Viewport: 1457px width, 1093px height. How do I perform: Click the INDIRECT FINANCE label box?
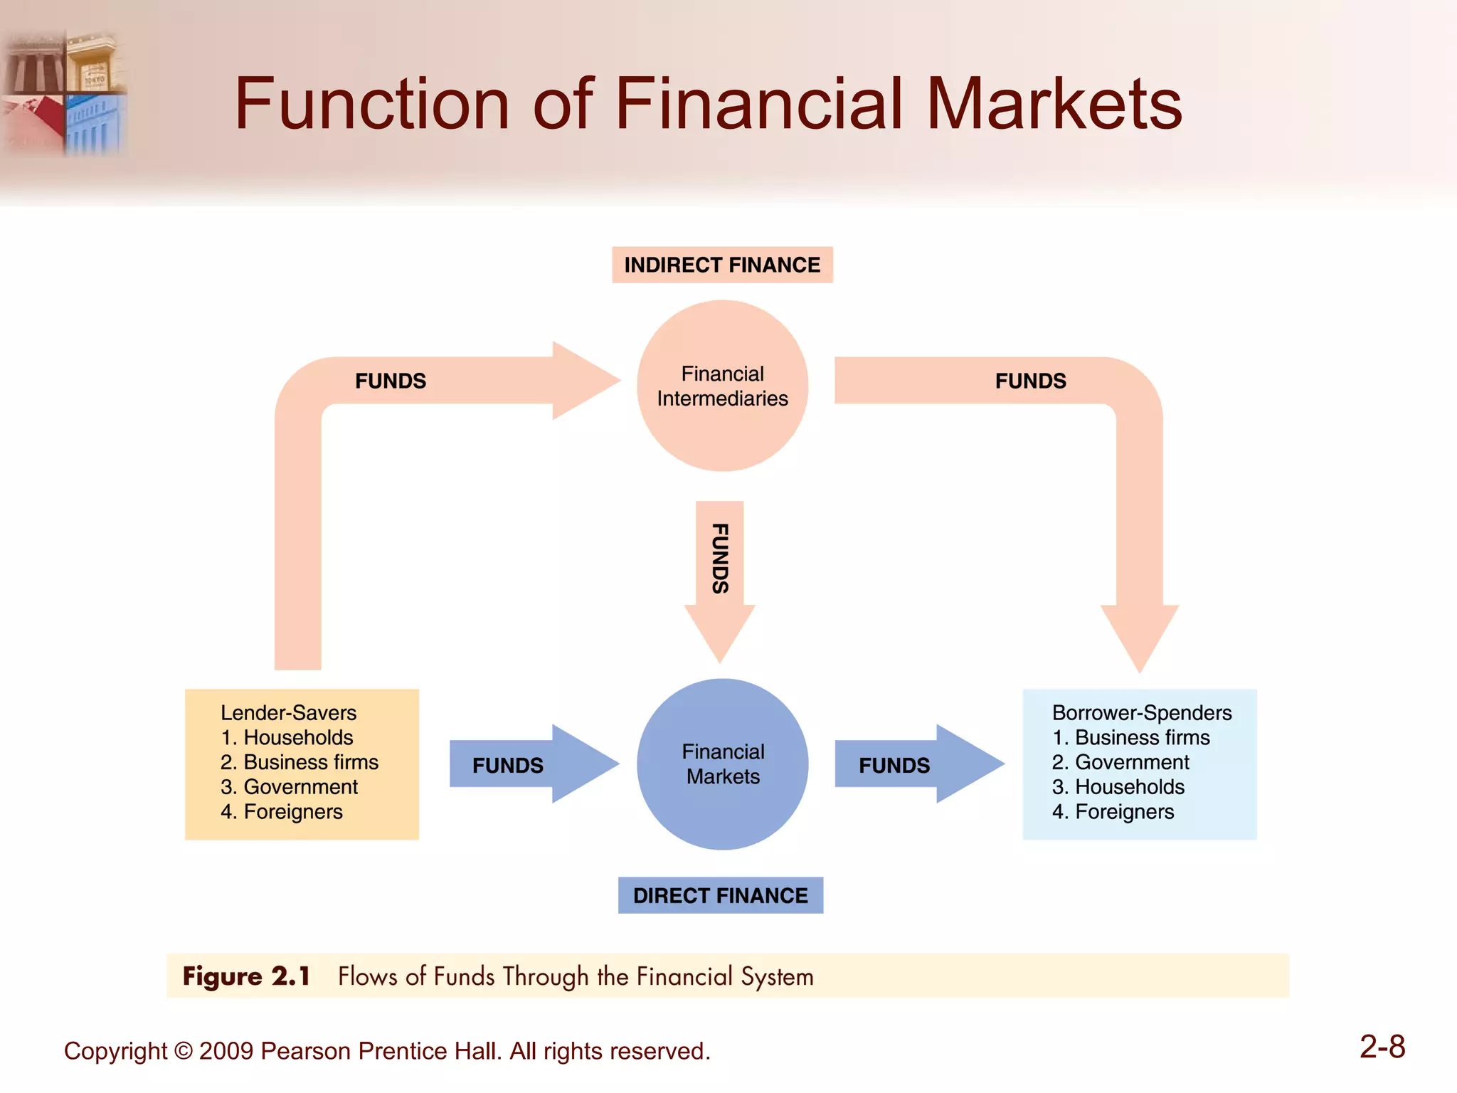(x=722, y=265)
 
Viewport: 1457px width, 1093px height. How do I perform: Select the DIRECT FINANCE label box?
(x=720, y=895)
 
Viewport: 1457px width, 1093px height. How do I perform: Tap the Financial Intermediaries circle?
(x=722, y=386)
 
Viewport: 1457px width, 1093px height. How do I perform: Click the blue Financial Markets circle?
(x=722, y=764)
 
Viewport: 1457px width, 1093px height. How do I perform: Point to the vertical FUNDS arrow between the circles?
(x=720, y=569)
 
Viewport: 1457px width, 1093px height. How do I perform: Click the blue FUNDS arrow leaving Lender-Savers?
(x=526, y=765)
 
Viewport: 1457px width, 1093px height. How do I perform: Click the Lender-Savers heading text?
(x=288, y=712)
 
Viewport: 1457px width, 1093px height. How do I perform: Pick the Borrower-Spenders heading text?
(x=1141, y=712)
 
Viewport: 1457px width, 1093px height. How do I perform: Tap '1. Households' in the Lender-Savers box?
(x=287, y=737)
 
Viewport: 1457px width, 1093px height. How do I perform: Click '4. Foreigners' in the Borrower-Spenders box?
(x=1113, y=811)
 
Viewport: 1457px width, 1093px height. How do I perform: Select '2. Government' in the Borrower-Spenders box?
(x=1120, y=762)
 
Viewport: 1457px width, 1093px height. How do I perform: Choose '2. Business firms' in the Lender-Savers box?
(x=299, y=762)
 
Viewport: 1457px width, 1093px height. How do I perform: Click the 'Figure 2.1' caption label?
(x=246, y=976)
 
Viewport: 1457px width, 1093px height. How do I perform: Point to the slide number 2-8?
(x=1382, y=1047)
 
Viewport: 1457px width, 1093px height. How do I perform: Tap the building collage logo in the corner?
(x=64, y=93)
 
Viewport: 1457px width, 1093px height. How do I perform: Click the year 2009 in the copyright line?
(x=226, y=1051)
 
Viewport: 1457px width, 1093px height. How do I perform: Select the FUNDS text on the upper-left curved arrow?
(x=391, y=381)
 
